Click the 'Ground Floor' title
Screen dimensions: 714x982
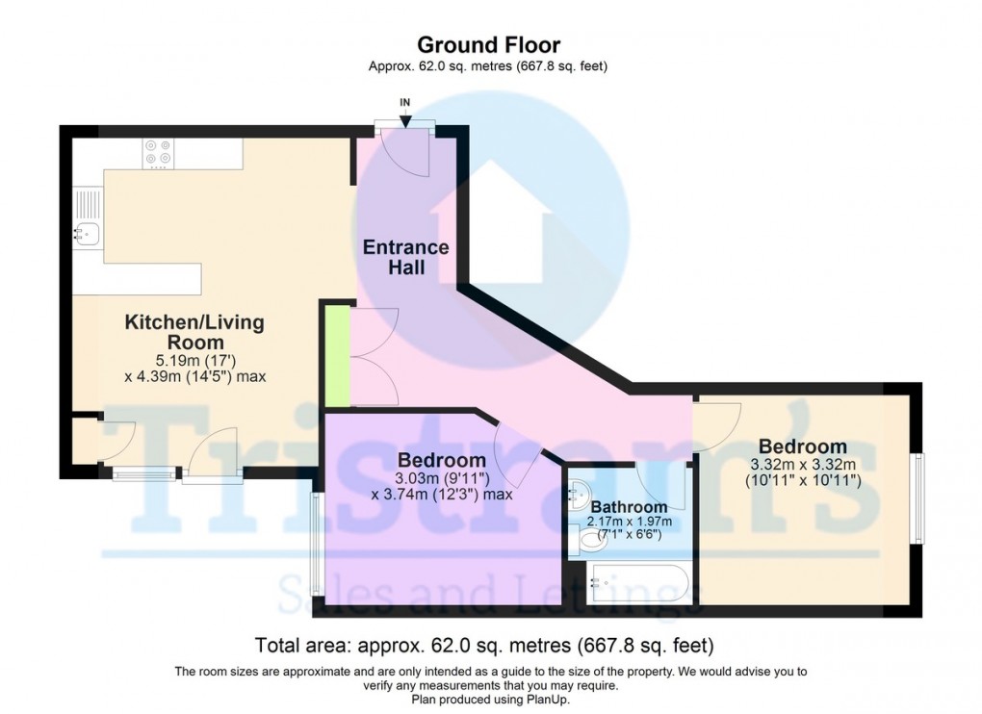point(488,44)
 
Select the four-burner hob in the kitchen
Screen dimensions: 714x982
point(157,153)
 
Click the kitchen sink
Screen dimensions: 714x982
point(87,231)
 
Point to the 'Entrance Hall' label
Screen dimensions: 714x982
point(394,257)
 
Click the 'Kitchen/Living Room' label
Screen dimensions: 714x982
point(194,332)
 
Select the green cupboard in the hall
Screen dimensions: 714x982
point(336,353)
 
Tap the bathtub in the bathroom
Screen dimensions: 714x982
point(636,584)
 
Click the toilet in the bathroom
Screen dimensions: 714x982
point(587,546)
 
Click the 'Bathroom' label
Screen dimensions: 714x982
point(629,507)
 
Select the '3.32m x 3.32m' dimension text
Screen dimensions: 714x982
point(802,464)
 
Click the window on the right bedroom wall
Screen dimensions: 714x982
point(919,498)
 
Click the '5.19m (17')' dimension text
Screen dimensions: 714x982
point(194,360)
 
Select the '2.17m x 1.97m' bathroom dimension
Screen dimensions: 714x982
point(629,522)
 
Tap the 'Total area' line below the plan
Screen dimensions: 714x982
point(484,645)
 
